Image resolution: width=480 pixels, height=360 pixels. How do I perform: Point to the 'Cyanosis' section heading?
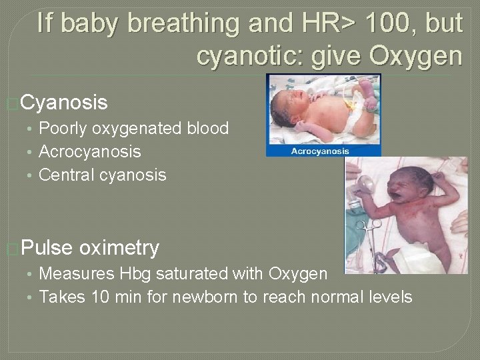coord(63,103)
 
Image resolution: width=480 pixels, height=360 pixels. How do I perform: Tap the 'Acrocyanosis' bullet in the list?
coord(90,151)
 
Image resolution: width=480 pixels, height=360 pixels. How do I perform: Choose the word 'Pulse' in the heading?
coord(47,248)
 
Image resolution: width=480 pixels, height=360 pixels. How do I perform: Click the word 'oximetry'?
coord(119,248)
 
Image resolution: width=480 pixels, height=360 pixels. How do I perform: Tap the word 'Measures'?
coord(77,273)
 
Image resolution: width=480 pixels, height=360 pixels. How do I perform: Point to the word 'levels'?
coord(389,297)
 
